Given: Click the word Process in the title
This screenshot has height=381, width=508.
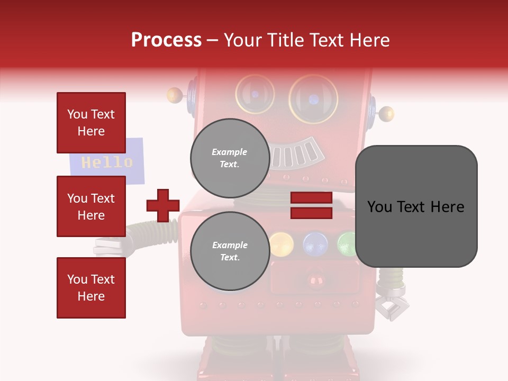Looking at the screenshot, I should click(x=166, y=40).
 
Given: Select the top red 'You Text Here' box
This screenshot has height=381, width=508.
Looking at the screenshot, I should click(x=91, y=123).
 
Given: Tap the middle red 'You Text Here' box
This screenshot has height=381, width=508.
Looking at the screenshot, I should click(x=91, y=206).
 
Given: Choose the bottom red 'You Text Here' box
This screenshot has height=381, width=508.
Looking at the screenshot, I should click(x=91, y=288).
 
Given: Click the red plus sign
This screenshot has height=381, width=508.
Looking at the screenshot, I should click(x=163, y=205).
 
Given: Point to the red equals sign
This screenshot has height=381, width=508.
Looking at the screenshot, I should click(x=311, y=205).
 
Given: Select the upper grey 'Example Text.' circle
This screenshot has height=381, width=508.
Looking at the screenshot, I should click(x=230, y=158).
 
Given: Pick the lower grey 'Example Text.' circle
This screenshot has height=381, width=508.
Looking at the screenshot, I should click(x=230, y=251).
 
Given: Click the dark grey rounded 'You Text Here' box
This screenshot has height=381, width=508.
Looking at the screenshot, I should click(x=416, y=206).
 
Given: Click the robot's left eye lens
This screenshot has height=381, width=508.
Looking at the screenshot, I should click(x=255, y=94).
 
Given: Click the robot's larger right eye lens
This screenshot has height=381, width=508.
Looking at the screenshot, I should click(x=313, y=99).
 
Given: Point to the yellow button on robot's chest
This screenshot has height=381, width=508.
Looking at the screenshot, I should click(x=281, y=243).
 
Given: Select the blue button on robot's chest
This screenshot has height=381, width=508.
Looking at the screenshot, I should click(x=315, y=243).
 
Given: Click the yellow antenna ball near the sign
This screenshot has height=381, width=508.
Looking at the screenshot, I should click(x=174, y=95).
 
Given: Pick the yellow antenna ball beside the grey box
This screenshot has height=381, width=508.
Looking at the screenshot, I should click(x=387, y=113).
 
